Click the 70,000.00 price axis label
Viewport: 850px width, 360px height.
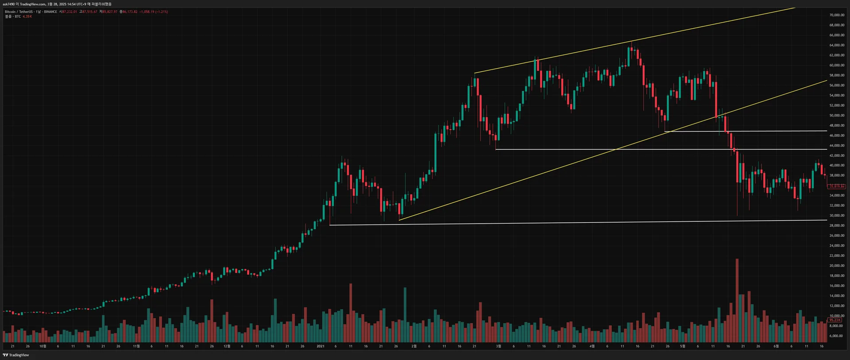click(x=836, y=15)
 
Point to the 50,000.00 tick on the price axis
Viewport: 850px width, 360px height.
click(x=836, y=116)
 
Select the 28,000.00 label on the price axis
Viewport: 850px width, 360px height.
click(x=836, y=226)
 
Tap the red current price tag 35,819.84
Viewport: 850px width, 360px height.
click(x=836, y=186)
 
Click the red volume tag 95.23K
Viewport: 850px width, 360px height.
click(x=835, y=320)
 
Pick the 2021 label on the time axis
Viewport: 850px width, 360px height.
click(x=321, y=346)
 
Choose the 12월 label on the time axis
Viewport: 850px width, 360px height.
click(x=227, y=346)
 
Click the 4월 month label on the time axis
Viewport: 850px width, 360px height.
click(x=592, y=346)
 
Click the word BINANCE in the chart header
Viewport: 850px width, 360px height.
click(x=50, y=12)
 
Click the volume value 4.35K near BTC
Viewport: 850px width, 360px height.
click(x=27, y=16)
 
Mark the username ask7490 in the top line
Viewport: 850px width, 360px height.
click(x=8, y=4)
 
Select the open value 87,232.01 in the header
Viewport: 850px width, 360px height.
click(x=69, y=12)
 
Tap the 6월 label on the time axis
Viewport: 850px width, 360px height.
click(x=776, y=346)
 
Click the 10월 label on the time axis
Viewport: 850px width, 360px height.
click(x=42, y=346)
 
